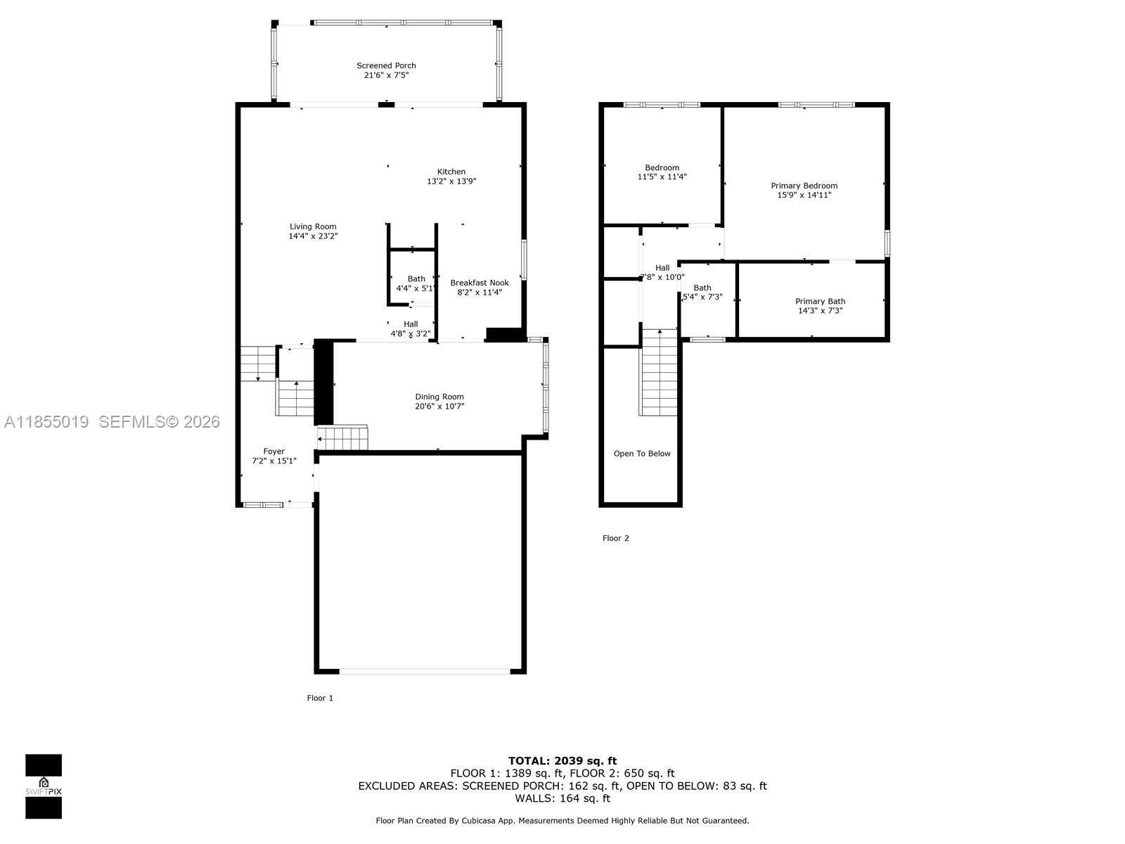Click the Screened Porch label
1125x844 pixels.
click(386, 65)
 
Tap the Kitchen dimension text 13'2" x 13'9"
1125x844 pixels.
click(451, 181)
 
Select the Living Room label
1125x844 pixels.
click(313, 226)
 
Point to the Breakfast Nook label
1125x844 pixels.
click(480, 283)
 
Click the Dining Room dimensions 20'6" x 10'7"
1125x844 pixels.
click(439, 407)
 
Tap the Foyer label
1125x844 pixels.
click(274, 452)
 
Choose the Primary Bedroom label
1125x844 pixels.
click(804, 186)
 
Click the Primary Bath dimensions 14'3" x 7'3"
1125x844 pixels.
click(820, 311)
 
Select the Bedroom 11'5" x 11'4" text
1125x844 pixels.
click(662, 172)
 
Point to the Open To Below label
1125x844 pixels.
click(642, 454)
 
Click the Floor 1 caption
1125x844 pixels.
click(320, 698)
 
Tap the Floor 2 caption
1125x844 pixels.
click(616, 538)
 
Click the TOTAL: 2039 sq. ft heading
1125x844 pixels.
click(562, 761)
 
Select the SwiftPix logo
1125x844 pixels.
click(44, 786)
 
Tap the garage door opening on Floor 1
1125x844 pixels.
click(425, 672)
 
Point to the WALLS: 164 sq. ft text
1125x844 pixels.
click(562, 798)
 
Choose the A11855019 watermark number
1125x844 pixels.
click(46, 421)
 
